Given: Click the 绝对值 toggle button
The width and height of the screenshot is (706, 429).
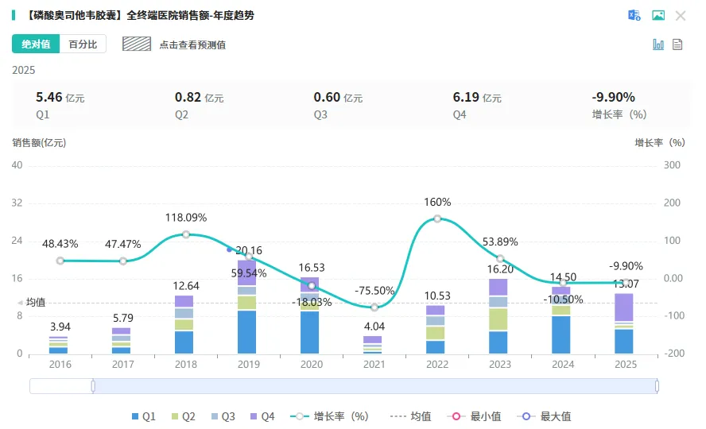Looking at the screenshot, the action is [x=36, y=44].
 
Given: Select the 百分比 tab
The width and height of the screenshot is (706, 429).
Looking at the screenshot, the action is [x=83, y=44].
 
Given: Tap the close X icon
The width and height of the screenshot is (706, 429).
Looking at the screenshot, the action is [x=681, y=16].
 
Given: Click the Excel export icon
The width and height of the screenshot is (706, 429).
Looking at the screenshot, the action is [x=634, y=15].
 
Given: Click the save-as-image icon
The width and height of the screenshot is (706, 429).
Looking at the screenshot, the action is [x=658, y=15].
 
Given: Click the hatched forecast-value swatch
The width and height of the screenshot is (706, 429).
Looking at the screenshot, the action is [x=137, y=44].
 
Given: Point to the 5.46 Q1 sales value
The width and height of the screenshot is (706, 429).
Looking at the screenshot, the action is [x=49, y=97].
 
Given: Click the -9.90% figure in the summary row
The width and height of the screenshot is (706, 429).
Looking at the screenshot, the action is [x=613, y=97].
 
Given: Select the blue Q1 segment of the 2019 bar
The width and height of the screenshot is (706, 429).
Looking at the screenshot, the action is [x=246, y=332].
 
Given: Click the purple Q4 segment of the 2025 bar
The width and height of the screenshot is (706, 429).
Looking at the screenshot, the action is [x=624, y=307].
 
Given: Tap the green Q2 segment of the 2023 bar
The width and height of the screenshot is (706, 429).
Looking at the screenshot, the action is [x=498, y=319].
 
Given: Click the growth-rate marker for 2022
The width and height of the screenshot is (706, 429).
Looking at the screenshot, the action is [x=437, y=218].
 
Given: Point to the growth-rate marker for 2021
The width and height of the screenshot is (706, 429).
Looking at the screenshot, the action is [x=374, y=307].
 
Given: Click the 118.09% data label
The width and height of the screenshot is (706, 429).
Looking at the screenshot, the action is [x=186, y=218].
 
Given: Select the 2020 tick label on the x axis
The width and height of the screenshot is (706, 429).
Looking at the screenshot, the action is [x=312, y=364].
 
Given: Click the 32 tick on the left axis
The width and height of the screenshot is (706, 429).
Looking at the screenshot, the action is [x=17, y=203].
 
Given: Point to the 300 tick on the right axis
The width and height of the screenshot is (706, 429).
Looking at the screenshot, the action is [x=672, y=165].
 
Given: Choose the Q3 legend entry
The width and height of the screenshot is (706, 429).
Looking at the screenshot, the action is [x=223, y=416].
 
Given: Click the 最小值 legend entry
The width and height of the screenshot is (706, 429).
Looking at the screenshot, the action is [x=474, y=416].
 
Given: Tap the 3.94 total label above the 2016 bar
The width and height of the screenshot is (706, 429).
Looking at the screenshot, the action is [x=60, y=327].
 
